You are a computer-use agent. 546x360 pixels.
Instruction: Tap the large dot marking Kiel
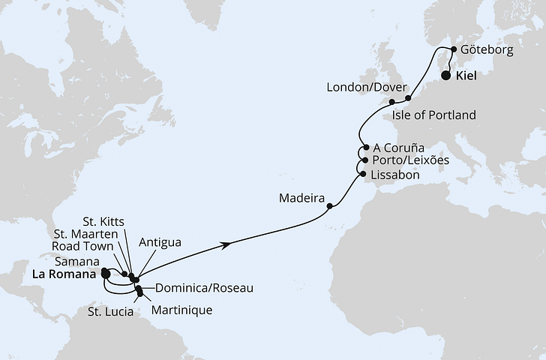(x=446, y=76)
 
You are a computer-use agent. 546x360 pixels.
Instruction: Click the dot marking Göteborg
(x=453, y=50)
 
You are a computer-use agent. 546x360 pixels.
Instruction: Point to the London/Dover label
(x=361, y=88)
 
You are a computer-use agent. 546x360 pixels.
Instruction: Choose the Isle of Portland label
(x=435, y=115)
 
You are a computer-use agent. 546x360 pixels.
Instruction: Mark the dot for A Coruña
(x=366, y=148)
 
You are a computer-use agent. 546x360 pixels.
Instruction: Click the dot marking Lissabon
(x=364, y=175)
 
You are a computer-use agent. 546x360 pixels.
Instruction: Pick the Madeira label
(x=301, y=200)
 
